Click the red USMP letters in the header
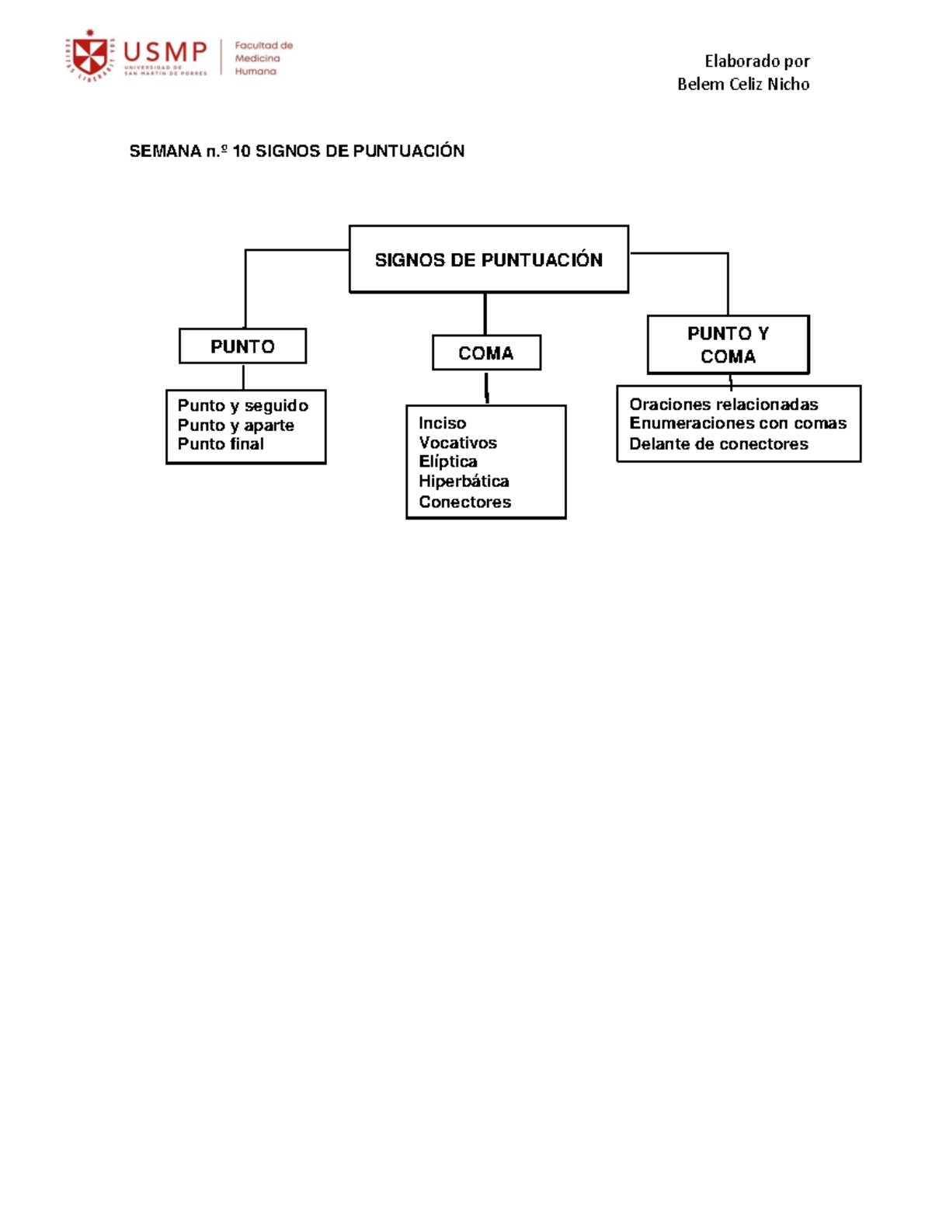tap(165, 53)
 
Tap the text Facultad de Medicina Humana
tap(263, 58)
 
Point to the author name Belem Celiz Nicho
tap(743, 85)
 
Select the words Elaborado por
tap(757, 61)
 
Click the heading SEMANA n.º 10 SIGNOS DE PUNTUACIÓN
tap(297, 151)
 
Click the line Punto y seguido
tap(243, 405)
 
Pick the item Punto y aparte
tap(236, 425)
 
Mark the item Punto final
tap(221, 444)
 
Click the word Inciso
tap(443, 423)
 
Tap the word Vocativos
tap(458, 443)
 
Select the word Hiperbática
tap(464, 481)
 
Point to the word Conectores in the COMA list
tap(465, 502)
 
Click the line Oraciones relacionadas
tap(724, 404)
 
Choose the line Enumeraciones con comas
tap(739, 423)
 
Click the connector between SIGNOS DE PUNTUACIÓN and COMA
tap(485, 315)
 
